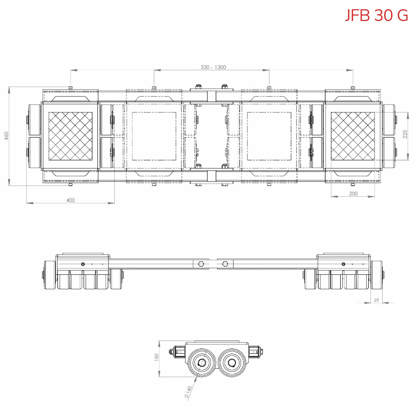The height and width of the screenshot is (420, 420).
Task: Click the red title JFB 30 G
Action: pos(376,15)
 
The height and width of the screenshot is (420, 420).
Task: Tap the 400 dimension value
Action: pos(71,200)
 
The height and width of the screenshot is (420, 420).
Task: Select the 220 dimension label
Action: pos(405,134)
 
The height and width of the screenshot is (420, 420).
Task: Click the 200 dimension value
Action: pos(353,194)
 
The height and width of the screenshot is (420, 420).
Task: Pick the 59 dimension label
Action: pos(376,300)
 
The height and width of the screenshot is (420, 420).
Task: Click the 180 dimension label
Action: pos(157,357)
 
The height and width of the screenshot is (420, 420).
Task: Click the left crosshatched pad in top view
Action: pos(71,136)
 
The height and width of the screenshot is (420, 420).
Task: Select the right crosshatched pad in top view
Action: pos(353,136)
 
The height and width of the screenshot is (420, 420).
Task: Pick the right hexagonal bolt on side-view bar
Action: pos(226,264)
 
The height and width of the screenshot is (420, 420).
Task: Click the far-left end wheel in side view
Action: pos(50,275)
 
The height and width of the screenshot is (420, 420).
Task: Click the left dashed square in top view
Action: pos(154,136)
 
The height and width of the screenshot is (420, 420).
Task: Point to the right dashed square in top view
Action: pos(269,136)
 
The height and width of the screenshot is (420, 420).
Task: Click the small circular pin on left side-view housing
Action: pos(83,264)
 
